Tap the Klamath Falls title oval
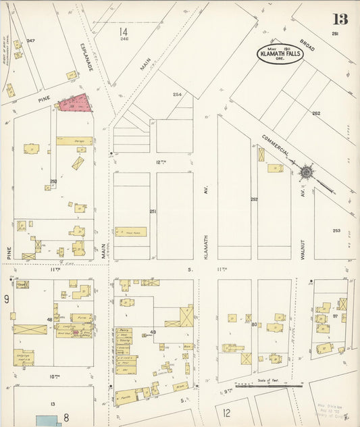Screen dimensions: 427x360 (x=279, y=53)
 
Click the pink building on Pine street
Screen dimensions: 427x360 (x=74, y=103)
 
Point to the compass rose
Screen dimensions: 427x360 (x=306, y=173)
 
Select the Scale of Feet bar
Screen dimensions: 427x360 (x=259, y=385)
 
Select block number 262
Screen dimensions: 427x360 (x=316, y=114)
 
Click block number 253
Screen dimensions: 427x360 (x=336, y=230)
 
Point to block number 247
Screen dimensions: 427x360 (x=30, y=41)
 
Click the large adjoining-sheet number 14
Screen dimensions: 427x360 (x=123, y=32)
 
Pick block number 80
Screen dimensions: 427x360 (x=255, y=325)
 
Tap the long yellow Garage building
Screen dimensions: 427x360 (x=74, y=141)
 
